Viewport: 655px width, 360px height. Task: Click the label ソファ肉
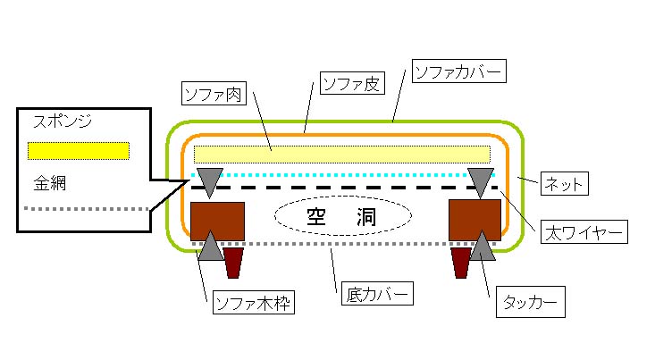pos(214,92)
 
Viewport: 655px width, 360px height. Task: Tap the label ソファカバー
pos(458,70)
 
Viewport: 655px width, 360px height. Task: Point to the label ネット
pos(564,185)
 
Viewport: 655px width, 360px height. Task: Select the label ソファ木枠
pos(254,304)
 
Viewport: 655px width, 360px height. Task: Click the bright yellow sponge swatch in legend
pos(79,150)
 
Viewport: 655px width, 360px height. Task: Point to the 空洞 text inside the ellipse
pos(342,216)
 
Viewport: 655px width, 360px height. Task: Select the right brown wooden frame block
pos(474,217)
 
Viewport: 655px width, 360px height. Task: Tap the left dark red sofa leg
pos(233,263)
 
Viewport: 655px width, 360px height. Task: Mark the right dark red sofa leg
pos(461,263)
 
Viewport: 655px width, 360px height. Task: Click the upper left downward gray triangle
pos(208,181)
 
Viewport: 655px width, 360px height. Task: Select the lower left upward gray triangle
pos(211,247)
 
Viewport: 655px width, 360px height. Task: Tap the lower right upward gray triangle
pos(483,247)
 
